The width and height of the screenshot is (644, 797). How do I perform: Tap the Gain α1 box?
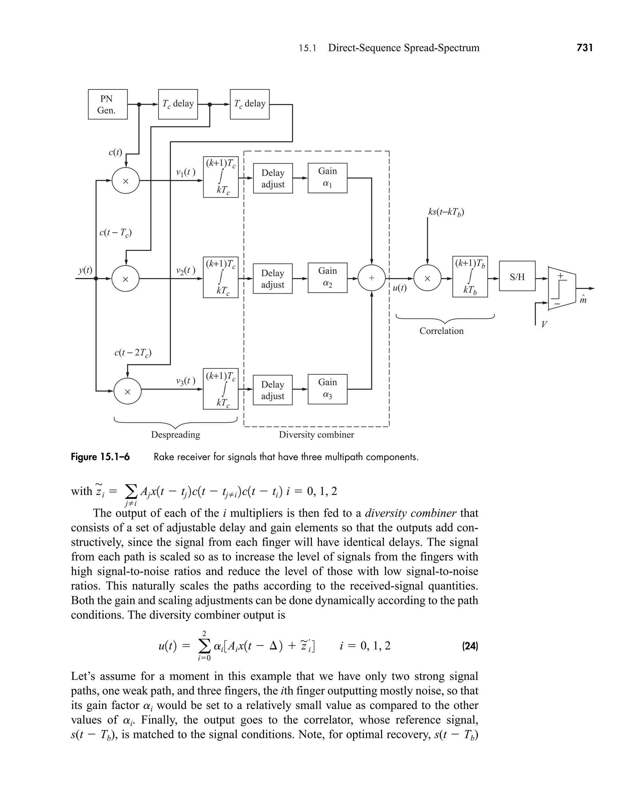[x=327, y=178]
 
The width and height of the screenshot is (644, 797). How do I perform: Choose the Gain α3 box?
[x=327, y=389]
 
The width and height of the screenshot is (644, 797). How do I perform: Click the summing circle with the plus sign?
[x=372, y=278]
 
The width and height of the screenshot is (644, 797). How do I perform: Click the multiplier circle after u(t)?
[x=427, y=278]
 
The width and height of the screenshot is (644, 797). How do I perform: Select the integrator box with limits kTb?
[x=470, y=277]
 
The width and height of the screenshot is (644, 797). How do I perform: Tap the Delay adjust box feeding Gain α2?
[x=273, y=279]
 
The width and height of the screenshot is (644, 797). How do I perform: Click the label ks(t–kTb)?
[x=446, y=212]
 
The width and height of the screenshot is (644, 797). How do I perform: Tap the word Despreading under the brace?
[x=175, y=435]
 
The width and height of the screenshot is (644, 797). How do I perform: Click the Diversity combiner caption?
[x=316, y=435]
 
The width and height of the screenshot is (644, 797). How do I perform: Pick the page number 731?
[x=585, y=47]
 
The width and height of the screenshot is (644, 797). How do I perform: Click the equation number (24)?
[x=470, y=646]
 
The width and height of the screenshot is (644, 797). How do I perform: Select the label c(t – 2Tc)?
[x=133, y=353]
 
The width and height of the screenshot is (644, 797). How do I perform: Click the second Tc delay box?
[x=250, y=104]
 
